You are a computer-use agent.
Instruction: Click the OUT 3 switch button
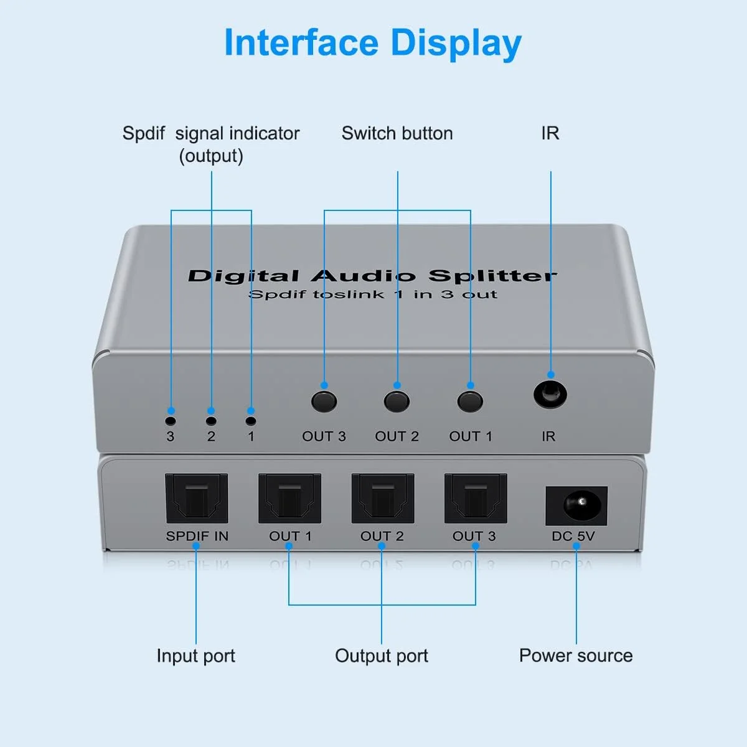pyautogui.click(x=324, y=402)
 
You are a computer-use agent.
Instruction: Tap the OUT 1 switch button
pyautogui.click(x=470, y=402)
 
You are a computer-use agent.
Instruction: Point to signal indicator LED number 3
pyautogui.click(x=171, y=421)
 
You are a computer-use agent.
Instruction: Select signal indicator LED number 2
pyautogui.click(x=211, y=421)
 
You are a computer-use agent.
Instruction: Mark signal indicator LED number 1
pyautogui.click(x=251, y=421)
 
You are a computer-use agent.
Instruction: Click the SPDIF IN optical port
pyautogui.click(x=196, y=498)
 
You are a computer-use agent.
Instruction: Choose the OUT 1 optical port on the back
pyautogui.click(x=289, y=498)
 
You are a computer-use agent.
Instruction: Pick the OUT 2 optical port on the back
pyautogui.click(x=382, y=498)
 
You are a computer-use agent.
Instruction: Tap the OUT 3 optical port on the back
pyautogui.click(x=476, y=498)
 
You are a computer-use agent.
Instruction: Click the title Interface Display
pyautogui.click(x=372, y=44)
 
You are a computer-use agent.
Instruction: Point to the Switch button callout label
pyautogui.click(x=397, y=133)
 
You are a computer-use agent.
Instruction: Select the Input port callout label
pyautogui.click(x=195, y=655)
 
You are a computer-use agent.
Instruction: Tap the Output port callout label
pyautogui.click(x=382, y=655)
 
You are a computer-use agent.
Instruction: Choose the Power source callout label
pyautogui.click(x=576, y=655)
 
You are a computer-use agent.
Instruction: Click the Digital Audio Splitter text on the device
pyautogui.click(x=372, y=276)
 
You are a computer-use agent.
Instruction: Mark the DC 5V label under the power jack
pyautogui.click(x=573, y=536)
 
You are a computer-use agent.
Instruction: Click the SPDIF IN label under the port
pyautogui.click(x=197, y=536)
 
